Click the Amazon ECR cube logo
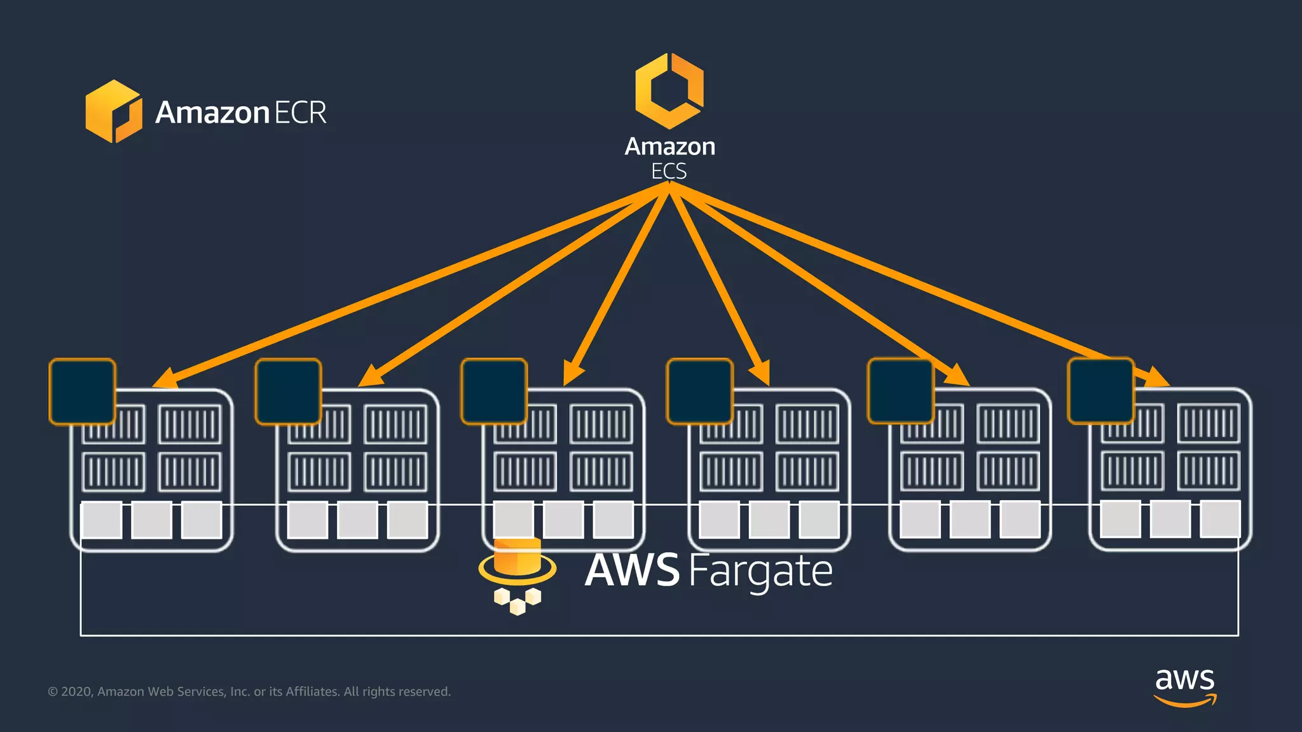click(114, 111)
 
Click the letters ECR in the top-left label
click(300, 112)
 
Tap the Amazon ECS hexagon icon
click(669, 91)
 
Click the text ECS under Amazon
click(669, 172)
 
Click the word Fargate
click(760, 571)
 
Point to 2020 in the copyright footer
click(77, 691)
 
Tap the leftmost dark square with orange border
click(83, 391)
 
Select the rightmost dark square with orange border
click(1101, 391)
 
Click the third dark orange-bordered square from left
click(494, 391)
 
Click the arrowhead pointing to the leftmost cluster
click(165, 379)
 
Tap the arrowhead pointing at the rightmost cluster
click(1157, 377)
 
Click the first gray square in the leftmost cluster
click(102, 520)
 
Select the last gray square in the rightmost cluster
click(1220, 518)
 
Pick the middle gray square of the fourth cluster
click(769, 520)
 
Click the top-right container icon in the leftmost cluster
click(189, 424)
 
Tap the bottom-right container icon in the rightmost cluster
click(1209, 471)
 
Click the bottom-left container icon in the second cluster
click(319, 472)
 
